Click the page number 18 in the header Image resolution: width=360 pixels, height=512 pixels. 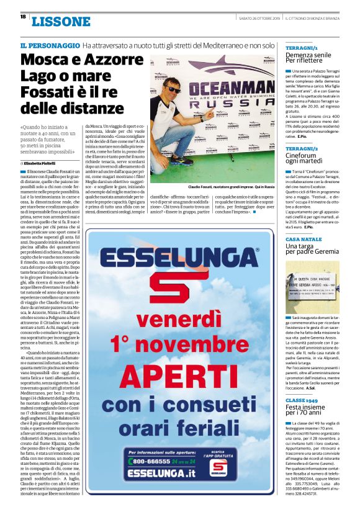(x=22, y=17)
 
